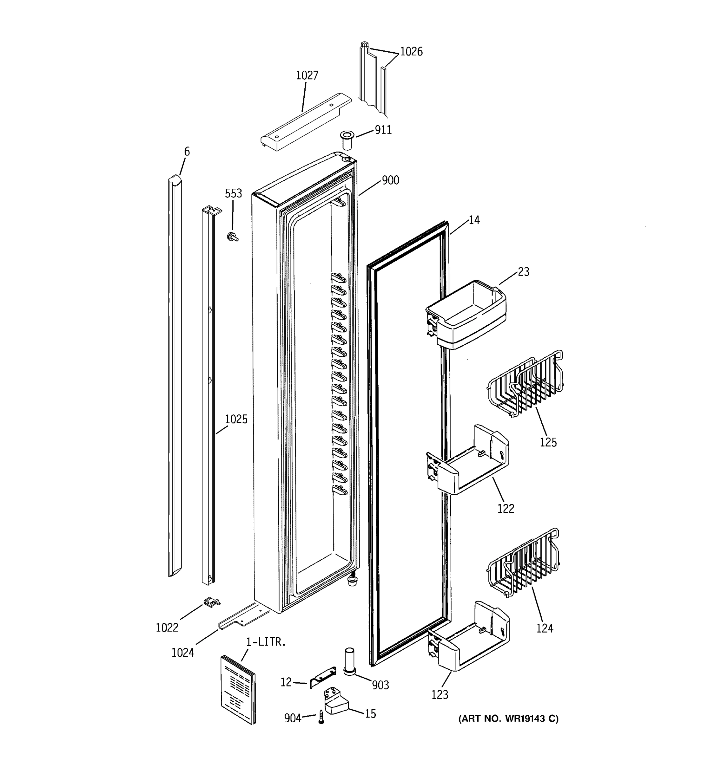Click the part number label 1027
click(x=307, y=75)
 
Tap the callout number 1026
click(x=411, y=52)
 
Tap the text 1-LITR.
click(x=266, y=642)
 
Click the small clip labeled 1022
click(x=212, y=602)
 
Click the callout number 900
click(x=390, y=180)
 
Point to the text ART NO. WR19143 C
click(x=508, y=719)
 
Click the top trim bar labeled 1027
click(x=306, y=121)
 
